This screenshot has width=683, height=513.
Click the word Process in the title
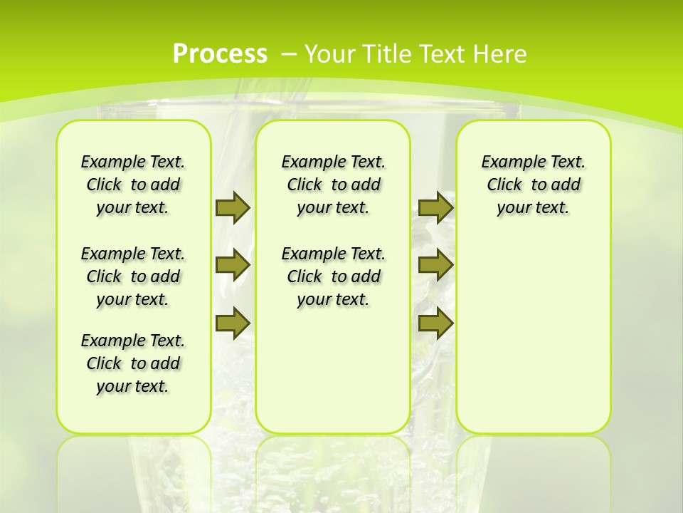click(x=220, y=54)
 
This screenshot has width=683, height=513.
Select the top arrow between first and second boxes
click(x=233, y=207)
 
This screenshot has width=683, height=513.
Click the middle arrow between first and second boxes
click(x=233, y=265)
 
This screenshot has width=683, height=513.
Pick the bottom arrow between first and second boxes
click(x=233, y=323)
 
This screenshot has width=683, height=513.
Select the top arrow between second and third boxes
click(x=435, y=207)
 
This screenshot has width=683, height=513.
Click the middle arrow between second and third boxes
click(x=435, y=265)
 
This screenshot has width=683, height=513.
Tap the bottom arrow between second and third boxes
click(x=435, y=323)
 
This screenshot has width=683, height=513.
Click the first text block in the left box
click(x=133, y=185)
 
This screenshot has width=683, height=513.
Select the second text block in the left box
click(x=133, y=276)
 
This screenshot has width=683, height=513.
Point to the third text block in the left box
click(x=133, y=363)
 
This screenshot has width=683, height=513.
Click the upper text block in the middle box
click(x=334, y=185)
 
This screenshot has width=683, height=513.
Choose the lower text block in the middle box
click(x=334, y=276)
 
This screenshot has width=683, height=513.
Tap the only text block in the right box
click(x=534, y=185)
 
